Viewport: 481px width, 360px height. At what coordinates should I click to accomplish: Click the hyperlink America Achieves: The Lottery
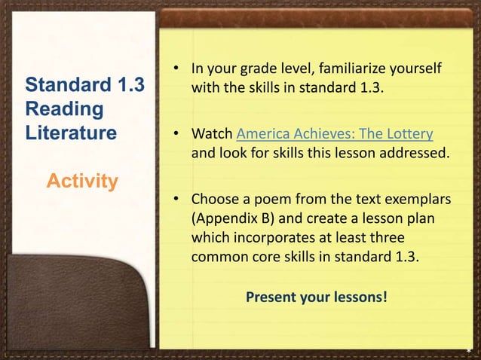click(335, 135)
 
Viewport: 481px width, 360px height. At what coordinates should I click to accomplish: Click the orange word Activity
click(82, 182)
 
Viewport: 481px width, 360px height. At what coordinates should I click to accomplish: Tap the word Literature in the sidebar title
click(71, 134)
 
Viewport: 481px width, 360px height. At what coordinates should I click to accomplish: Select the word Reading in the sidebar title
click(65, 109)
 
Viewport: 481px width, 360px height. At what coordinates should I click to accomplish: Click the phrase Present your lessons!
click(317, 297)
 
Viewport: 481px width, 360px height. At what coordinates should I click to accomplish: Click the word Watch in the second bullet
click(212, 135)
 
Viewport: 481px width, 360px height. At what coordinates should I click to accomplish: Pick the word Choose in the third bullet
click(215, 201)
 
